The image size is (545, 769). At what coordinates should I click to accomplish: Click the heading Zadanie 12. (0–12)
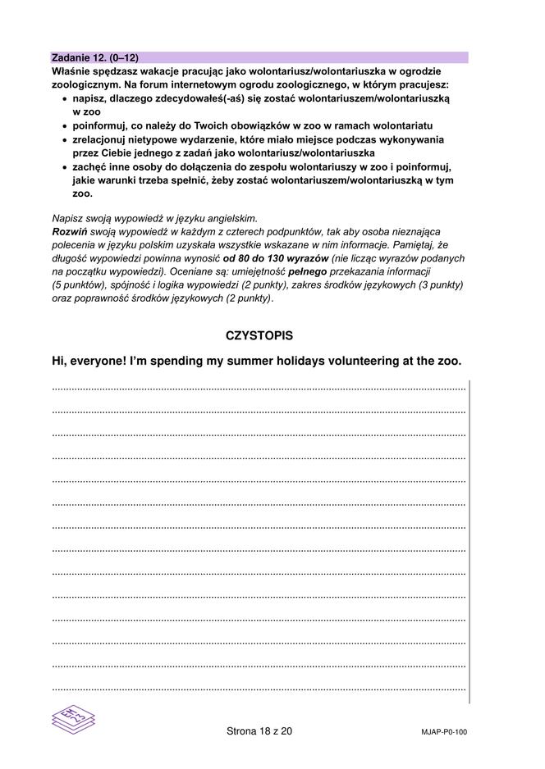point(95,57)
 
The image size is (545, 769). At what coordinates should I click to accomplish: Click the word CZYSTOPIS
point(259,335)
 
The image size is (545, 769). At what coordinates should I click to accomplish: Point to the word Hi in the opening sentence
point(58,361)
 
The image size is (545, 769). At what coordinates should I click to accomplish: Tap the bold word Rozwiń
point(68,233)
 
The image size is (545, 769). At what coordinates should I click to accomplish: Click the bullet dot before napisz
point(65,98)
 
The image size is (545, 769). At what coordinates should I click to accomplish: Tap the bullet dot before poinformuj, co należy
point(65,126)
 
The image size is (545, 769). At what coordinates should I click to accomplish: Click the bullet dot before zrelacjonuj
point(65,140)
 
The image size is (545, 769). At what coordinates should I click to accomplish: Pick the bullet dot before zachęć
point(65,167)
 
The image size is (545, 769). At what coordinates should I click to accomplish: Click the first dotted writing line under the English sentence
point(259,386)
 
